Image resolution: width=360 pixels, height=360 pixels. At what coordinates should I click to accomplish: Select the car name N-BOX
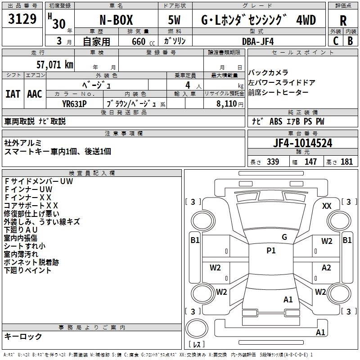(x=116, y=20)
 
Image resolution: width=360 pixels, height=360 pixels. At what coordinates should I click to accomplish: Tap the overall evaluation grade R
(x=343, y=21)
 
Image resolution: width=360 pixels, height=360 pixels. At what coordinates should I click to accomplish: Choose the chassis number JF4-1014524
(x=303, y=143)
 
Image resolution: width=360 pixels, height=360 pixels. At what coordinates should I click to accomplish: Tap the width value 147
(x=310, y=162)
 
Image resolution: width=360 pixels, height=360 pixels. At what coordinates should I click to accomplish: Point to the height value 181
(x=346, y=162)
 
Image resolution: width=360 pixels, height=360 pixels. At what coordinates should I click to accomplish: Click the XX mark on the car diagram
(x=327, y=206)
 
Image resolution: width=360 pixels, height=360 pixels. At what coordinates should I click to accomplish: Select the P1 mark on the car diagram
(x=271, y=251)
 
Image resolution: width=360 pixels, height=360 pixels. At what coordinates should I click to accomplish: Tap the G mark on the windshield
(x=284, y=237)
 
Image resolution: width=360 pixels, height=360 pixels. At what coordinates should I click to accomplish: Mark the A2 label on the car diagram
(x=326, y=268)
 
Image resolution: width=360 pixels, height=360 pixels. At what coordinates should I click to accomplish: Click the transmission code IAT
(x=13, y=94)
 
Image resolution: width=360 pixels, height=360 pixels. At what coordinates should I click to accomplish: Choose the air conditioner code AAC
(x=35, y=94)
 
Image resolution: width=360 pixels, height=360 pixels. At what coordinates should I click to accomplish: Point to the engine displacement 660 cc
(x=138, y=41)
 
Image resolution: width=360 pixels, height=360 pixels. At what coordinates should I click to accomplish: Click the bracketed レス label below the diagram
(x=196, y=345)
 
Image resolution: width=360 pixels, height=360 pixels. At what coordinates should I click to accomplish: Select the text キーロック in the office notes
(x=23, y=336)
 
